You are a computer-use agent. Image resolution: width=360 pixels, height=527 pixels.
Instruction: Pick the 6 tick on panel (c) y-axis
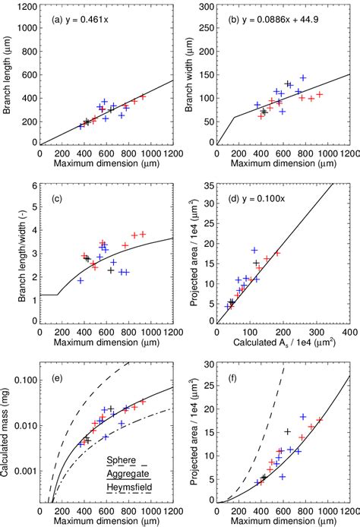click(x=33, y=185)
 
